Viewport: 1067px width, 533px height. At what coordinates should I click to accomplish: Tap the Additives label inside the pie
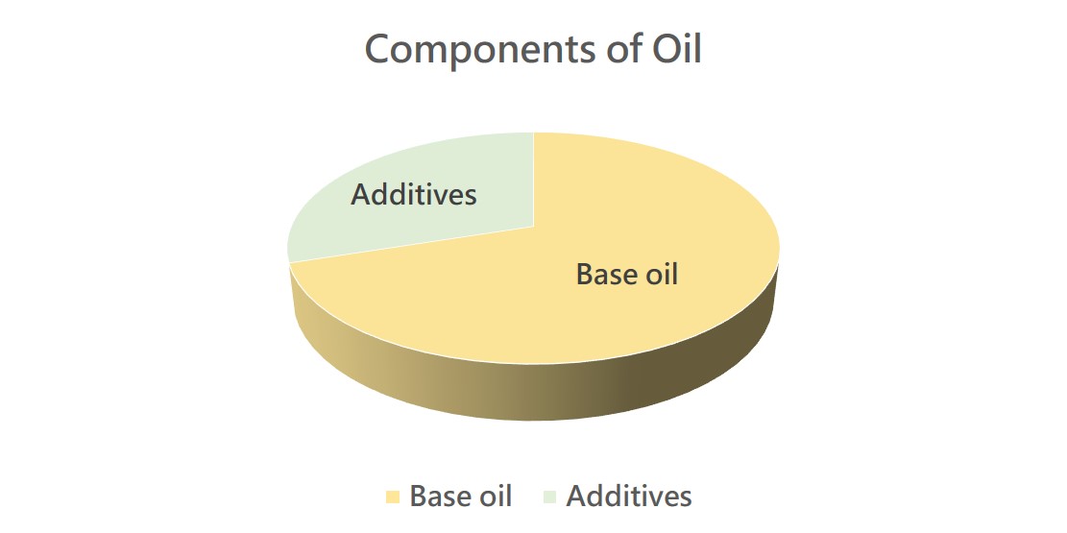point(414,195)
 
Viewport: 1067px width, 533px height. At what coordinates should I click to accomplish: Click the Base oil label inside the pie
point(627,275)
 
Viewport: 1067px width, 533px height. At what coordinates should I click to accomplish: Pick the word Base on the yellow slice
point(606,275)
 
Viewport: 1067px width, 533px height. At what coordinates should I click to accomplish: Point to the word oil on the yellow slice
point(662,275)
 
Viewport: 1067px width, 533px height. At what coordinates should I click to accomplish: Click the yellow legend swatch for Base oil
point(393,497)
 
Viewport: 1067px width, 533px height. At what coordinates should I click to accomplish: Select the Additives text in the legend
point(629,497)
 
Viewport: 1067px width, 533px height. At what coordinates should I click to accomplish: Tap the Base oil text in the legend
point(461,497)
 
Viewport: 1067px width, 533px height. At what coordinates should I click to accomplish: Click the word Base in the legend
point(439,497)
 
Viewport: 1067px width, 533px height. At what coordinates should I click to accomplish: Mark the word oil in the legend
point(495,497)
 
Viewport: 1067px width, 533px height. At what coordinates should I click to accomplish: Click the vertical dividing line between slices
point(534,179)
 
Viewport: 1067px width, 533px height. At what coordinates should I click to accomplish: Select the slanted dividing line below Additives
point(412,243)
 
